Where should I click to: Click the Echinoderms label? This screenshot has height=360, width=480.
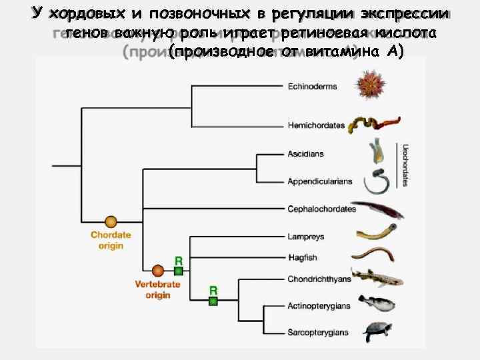click(312, 86)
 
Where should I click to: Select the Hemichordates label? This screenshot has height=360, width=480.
click(316, 125)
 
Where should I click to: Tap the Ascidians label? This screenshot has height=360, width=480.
click(306, 154)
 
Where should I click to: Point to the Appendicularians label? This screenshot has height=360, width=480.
click(320, 181)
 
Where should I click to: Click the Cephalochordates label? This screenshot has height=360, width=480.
click(322, 209)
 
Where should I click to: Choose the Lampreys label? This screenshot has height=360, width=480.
click(306, 236)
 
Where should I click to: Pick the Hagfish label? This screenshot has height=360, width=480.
click(303, 257)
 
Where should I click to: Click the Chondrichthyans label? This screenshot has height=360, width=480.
click(319, 279)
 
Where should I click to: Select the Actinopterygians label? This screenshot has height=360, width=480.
click(319, 306)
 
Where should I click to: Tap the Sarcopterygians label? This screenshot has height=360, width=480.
click(319, 331)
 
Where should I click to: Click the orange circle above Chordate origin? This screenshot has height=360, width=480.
click(111, 221)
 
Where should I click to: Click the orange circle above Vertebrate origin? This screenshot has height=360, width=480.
click(158, 271)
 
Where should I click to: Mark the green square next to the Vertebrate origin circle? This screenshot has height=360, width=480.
click(178, 271)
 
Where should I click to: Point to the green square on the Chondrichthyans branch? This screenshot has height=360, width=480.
click(213, 301)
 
